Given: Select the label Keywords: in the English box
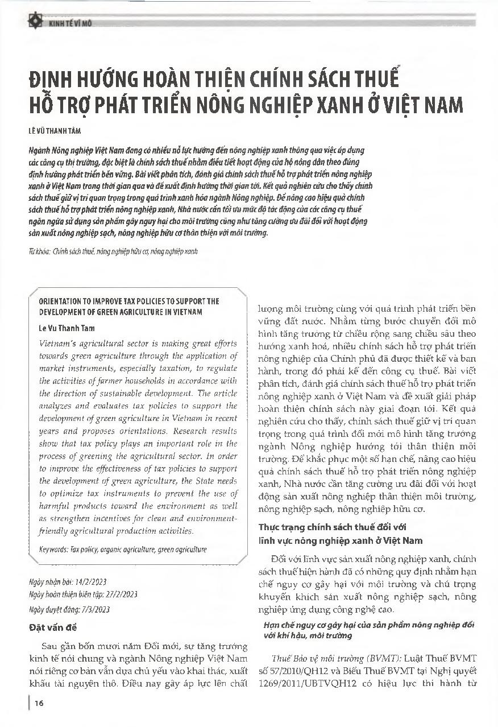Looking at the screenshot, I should pos(54,550).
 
